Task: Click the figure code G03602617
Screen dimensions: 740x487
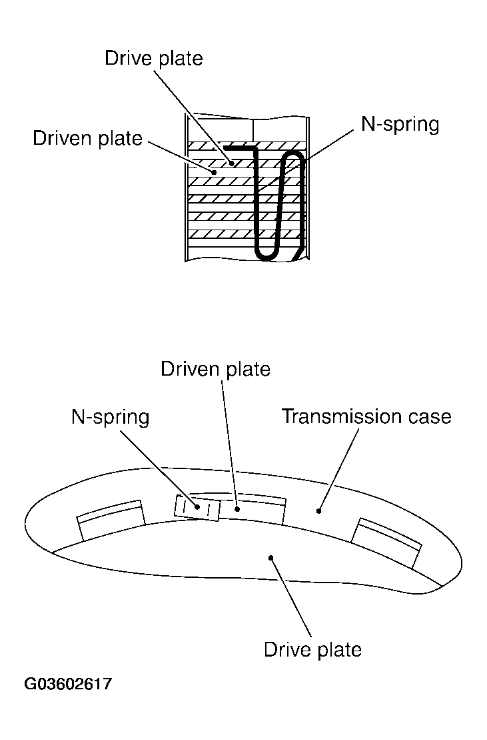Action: [69, 685]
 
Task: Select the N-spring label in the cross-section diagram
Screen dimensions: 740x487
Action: [400, 125]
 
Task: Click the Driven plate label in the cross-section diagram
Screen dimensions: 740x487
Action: [88, 138]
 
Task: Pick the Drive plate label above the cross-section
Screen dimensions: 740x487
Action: [153, 58]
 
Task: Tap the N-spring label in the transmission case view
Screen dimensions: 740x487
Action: [111, 418]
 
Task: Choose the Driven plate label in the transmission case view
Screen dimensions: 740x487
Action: [216, 369]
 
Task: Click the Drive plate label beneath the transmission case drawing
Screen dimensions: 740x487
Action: [312, 649]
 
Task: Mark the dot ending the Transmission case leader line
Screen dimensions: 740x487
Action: [319, 512]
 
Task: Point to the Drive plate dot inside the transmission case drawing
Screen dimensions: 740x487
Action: [271, 558]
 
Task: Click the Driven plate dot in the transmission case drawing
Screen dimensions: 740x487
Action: [237, 508]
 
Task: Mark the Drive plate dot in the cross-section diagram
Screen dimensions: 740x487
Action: [232, 162]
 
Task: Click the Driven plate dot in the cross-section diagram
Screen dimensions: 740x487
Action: [214, 171]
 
